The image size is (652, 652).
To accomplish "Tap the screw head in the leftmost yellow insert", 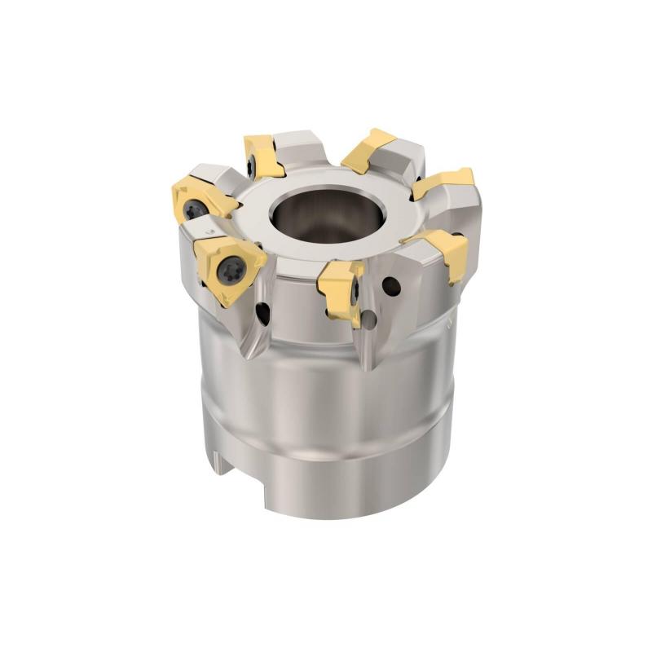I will pos(195,210).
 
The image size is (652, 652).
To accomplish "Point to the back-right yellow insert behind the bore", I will pos(366,151).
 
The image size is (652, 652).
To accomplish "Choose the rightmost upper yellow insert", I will pos(443,182).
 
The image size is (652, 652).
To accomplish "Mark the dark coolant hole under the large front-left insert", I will pos(263,311).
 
